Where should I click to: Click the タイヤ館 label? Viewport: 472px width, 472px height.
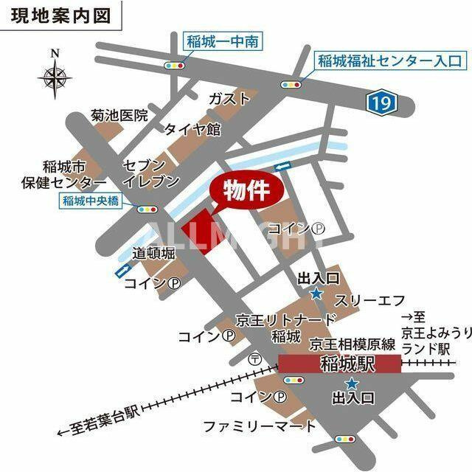point(192,129)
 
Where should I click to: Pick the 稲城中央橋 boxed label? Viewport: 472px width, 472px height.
point(91,200)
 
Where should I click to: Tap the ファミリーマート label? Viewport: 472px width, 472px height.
point(260,426)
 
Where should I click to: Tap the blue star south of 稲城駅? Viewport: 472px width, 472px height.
point(352,383)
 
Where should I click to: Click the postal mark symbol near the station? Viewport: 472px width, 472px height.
point(255,359)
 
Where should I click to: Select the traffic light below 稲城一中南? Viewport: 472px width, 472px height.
point(176,65)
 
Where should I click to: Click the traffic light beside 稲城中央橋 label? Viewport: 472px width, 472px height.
point(145,209)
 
